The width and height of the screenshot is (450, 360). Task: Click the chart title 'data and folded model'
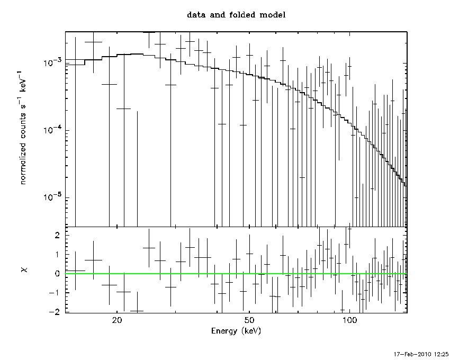click(236, 15)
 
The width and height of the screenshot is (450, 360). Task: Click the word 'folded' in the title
click(242, 15)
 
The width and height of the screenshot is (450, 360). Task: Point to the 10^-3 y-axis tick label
click(52, 62)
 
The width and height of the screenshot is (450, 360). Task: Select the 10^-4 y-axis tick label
click(52, 130)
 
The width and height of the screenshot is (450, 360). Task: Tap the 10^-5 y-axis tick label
click(52, 197)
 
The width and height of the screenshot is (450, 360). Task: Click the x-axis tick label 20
click(117, 320)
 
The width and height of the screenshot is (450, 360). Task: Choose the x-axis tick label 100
click(349, 320)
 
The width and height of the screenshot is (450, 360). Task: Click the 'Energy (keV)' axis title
click(236, 331)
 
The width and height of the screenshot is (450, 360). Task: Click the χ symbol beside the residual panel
click(25, 269)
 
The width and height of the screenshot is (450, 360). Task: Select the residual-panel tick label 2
click(57, 236)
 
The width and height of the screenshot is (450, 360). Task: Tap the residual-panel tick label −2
click(55, 312)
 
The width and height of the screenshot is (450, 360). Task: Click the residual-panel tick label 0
click(57, 274)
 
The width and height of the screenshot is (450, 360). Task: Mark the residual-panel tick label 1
click(57, 255)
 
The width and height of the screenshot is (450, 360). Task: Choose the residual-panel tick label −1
click(55, 293)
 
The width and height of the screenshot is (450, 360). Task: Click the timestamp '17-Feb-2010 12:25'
click(421, 354)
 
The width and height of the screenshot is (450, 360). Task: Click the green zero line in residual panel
click(236, 274)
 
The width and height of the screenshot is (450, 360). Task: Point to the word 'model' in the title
click(273, 15)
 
